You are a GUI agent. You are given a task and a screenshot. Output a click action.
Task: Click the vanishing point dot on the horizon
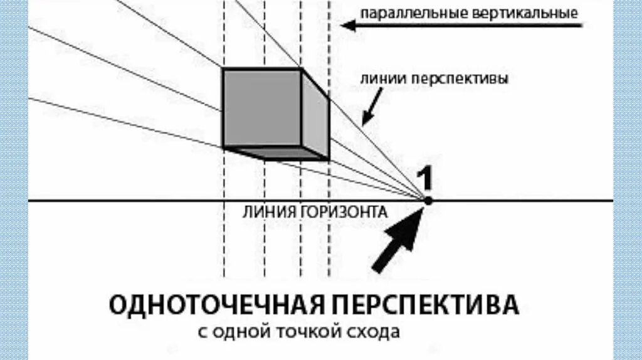[428, 201]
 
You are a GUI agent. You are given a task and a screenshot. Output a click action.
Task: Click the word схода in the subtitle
[374, 331]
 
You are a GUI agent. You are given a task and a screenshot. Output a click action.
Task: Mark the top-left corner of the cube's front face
[224, 69]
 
